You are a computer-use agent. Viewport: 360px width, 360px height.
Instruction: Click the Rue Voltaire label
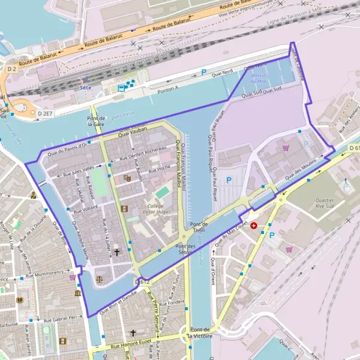(85, 211)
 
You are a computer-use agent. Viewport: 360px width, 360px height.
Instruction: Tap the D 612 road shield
(142, 281)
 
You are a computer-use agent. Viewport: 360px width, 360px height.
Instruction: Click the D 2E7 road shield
(45, 113)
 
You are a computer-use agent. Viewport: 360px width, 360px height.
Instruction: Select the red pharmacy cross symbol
(255, 226)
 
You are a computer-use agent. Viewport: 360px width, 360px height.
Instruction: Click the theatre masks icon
(127, 178)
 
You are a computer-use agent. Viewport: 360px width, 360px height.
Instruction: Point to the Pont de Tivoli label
(199, 227)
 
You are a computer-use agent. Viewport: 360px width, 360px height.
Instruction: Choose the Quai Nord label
(222, 73)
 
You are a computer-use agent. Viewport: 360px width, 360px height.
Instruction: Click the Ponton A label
(168, 89)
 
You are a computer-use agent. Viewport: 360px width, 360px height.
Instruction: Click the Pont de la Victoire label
(200, 333)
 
